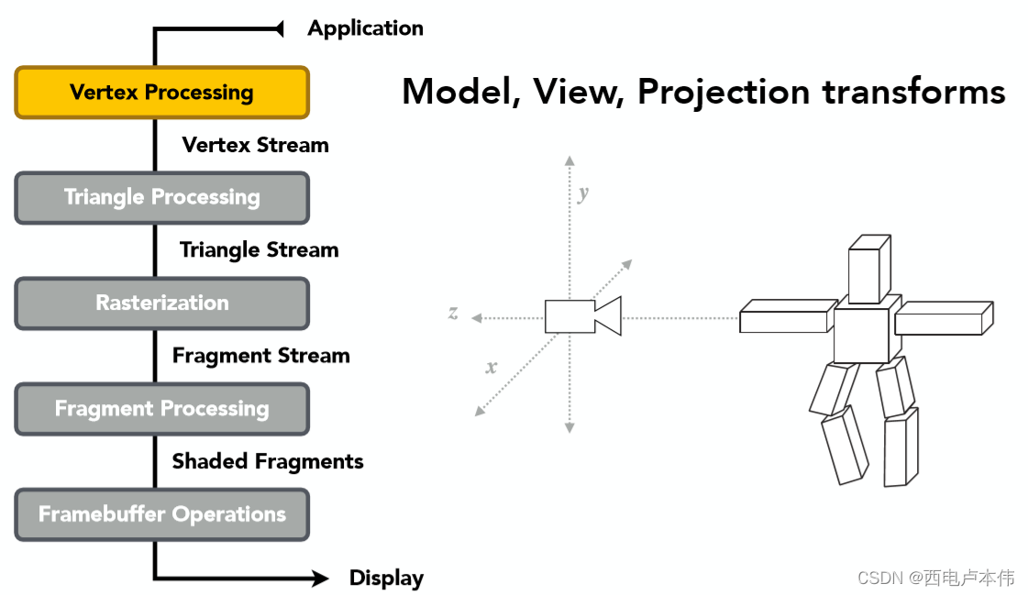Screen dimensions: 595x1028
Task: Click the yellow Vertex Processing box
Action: click(161, 93)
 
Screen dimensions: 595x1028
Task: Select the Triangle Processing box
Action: click(161, 198)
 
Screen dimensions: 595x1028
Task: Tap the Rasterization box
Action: click(161, 303)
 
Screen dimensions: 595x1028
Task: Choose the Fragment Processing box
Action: click(161, 409)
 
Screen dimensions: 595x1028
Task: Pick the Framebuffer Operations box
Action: click(161, 514)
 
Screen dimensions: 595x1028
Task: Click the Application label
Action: click(365, 28)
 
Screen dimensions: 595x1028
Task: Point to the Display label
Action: click(386, 578)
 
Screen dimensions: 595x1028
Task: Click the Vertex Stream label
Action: click(255, 145)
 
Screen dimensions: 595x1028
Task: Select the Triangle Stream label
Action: click(259, 250)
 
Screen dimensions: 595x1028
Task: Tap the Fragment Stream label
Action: click(260, 356)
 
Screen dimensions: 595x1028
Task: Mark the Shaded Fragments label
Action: click(268, 461)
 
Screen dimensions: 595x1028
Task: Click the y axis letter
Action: click(583, 193)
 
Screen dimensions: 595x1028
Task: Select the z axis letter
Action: click(453, 313)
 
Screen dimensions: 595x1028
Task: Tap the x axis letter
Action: click(492, 368)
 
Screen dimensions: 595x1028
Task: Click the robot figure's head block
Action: click(868, 268)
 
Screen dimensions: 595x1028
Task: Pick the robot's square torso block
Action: click(862, 336)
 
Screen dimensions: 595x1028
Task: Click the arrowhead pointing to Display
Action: click(319, 578)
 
